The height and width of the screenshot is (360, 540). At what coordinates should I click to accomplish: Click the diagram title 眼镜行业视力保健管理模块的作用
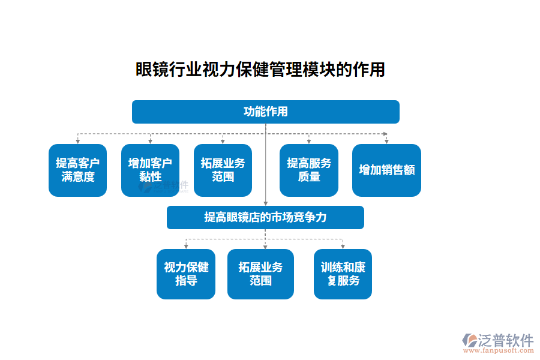click(x=260, y=70)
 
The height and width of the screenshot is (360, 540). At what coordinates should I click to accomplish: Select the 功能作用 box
click(x=265, y=112)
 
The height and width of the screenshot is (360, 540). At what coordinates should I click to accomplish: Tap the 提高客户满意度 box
click(x=77, y=170)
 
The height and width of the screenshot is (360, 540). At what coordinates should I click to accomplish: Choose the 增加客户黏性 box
click(x=150, y=170)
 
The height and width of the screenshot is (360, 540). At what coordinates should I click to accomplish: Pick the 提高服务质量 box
click(x=309, y=170)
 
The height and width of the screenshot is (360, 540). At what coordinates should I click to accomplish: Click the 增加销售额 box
click(x=386, y=170)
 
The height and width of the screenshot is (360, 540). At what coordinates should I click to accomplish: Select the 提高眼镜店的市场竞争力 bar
click(x=265, y=217)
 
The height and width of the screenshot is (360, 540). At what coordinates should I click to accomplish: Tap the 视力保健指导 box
click(x=186, y=274)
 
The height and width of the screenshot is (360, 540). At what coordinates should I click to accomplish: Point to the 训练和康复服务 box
click(x=343, y=274)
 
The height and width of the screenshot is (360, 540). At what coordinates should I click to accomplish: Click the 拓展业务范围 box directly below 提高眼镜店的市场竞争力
click(x=260, y=274)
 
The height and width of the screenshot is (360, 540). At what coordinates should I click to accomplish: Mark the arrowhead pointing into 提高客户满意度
click(x=78, y=142)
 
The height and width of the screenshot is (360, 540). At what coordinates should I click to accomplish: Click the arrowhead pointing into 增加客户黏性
click(x=150, y=142)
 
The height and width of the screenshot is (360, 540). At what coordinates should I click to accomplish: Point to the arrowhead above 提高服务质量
click(x=309, y=142)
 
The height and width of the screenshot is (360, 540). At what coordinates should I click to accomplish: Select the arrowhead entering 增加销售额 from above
click(x=386, y=142)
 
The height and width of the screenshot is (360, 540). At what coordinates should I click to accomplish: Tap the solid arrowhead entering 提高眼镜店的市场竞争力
click(x=266, y=203)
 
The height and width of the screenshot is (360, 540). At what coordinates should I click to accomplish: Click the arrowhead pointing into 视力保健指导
click(x=186, y=247)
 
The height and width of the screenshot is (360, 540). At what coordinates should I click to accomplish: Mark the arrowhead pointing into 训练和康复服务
click(x=343, y=247)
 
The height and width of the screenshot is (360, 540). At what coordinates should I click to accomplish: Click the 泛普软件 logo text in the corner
click(x=506, y=340)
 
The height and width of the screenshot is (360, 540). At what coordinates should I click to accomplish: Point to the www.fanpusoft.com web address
click(x=497, y=351)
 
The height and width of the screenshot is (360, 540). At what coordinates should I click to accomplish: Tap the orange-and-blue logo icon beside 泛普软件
click(x=469, y=340)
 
